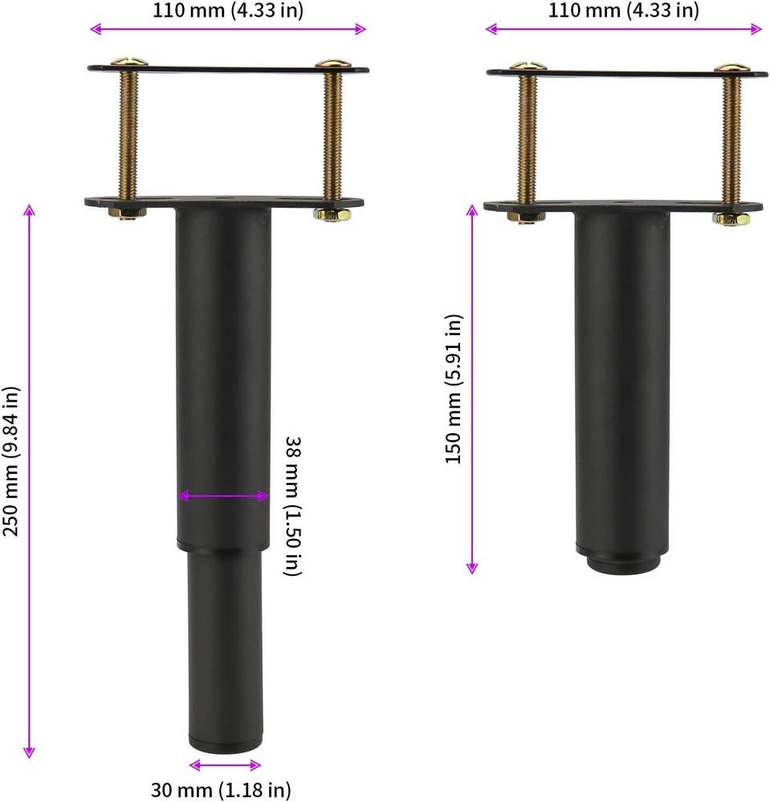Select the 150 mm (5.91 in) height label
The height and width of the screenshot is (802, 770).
click(454, 389)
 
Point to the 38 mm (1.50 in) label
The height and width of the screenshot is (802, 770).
click(294, 506)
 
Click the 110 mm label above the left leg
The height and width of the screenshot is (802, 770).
click(228, 10)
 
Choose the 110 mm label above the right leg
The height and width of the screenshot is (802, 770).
click(624, 10)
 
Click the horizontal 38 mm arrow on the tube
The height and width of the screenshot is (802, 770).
click(223, 496)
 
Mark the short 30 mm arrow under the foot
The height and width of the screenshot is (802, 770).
click(225, 764)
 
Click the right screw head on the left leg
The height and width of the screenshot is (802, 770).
click(329, 63)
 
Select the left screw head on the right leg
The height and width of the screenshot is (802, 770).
click(528, 67)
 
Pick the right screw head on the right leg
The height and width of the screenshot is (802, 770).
click(730, 69)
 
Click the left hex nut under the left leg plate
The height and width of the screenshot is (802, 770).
click(127, 213)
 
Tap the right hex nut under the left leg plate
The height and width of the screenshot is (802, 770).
click(331, 214)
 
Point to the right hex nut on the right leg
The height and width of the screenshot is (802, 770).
click(731, 217)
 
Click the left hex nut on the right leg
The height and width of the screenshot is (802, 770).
click(527, 215)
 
